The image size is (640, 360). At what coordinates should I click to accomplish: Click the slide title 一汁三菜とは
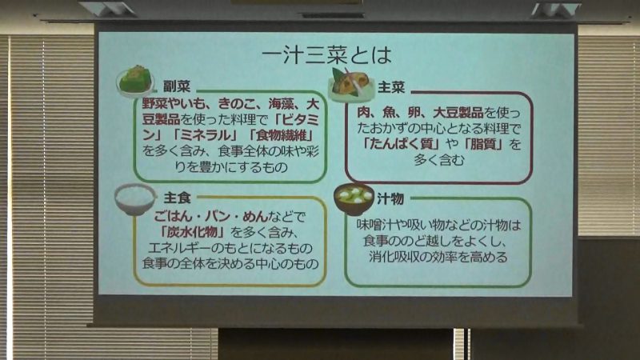point(326,55)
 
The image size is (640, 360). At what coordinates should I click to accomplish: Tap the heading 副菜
point(177,86)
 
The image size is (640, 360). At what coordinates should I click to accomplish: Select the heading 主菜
point(391,87)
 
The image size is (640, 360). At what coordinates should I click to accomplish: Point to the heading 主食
point(177,198)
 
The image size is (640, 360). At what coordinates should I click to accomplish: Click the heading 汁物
point(390,198)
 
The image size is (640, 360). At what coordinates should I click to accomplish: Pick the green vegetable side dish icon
point(135,81)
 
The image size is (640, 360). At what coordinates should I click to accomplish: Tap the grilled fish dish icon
point(351,85)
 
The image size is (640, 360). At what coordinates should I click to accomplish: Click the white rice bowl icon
point(135,198)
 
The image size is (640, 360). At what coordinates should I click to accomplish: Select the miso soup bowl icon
point(354,199)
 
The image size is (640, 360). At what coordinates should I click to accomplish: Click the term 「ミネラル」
point(206,135)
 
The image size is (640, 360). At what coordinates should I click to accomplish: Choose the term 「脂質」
point(483,144)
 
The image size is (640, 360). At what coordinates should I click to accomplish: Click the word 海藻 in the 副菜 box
point(281,104)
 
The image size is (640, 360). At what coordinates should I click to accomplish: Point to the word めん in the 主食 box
point(255,216)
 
